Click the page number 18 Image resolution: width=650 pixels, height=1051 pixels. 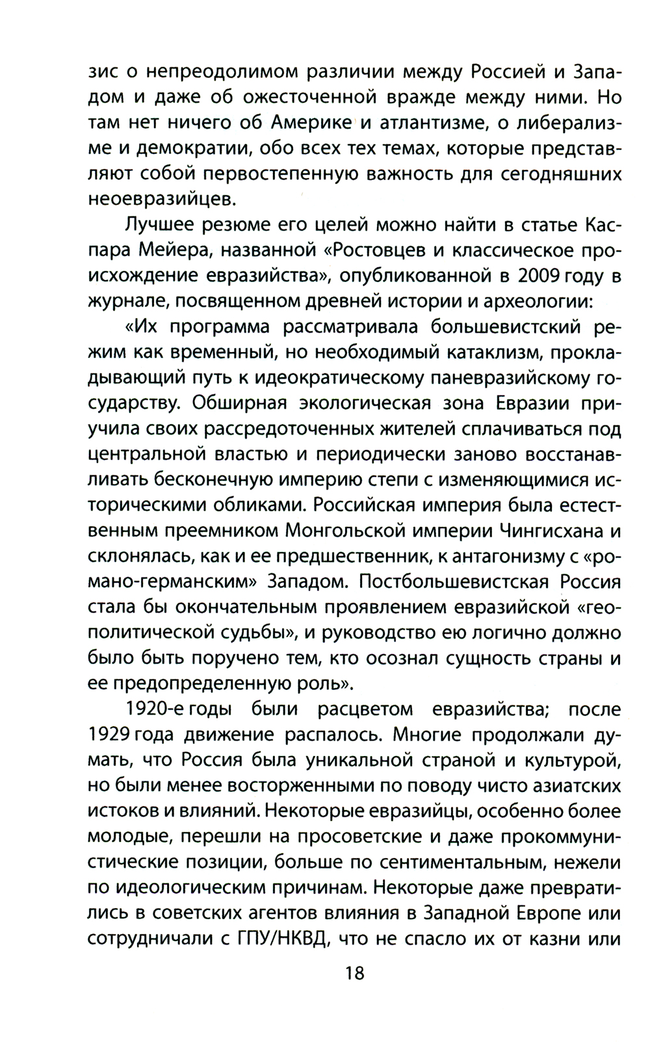[356, 973]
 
